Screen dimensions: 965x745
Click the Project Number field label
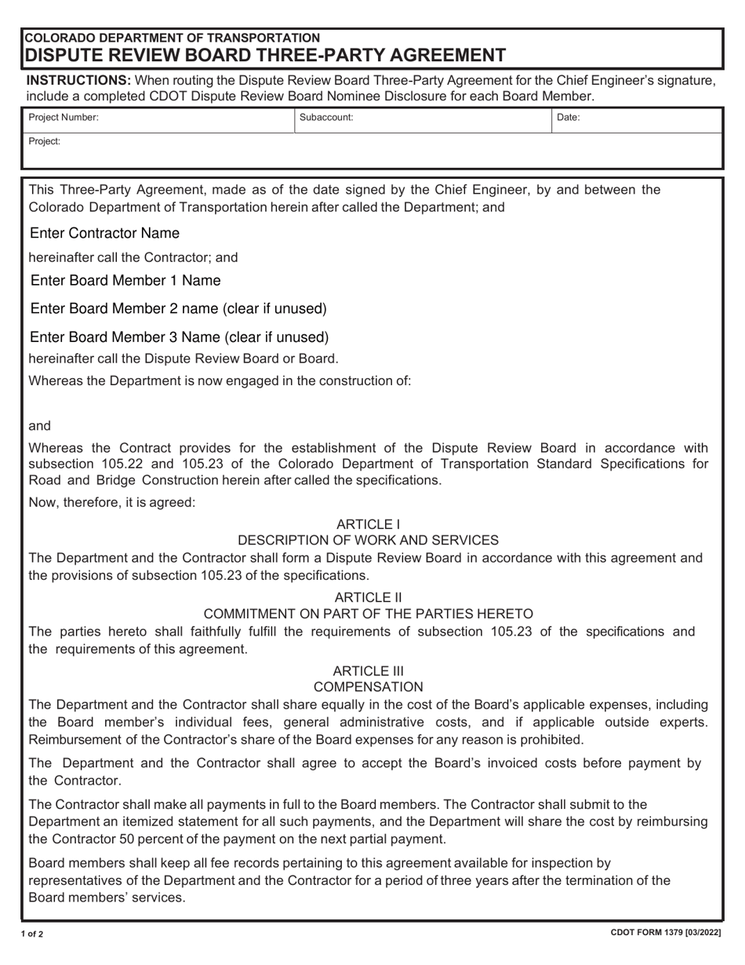[64, 118]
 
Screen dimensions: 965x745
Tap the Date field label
[568, 118]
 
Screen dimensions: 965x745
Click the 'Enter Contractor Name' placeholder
[104, 234]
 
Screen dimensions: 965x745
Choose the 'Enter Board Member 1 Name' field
[125, 281]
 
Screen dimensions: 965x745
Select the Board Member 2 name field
[178, 309]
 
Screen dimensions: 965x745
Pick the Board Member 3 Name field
[179, 338]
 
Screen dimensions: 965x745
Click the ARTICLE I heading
[368, 524]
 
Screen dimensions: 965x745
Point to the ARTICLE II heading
[368, 598]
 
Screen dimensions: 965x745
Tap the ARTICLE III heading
[368, 671]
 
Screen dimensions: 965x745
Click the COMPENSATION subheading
[368, 687]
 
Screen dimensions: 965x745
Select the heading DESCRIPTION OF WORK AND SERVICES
[368, 541]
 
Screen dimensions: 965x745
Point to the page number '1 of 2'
[32, 934]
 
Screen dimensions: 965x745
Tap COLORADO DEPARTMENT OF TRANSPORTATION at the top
[173, 38]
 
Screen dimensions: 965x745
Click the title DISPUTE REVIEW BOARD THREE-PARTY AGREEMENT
[266, 55]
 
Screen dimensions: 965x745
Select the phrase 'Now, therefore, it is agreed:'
[112, 502]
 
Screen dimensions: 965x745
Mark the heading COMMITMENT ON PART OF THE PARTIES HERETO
[368, 614]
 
